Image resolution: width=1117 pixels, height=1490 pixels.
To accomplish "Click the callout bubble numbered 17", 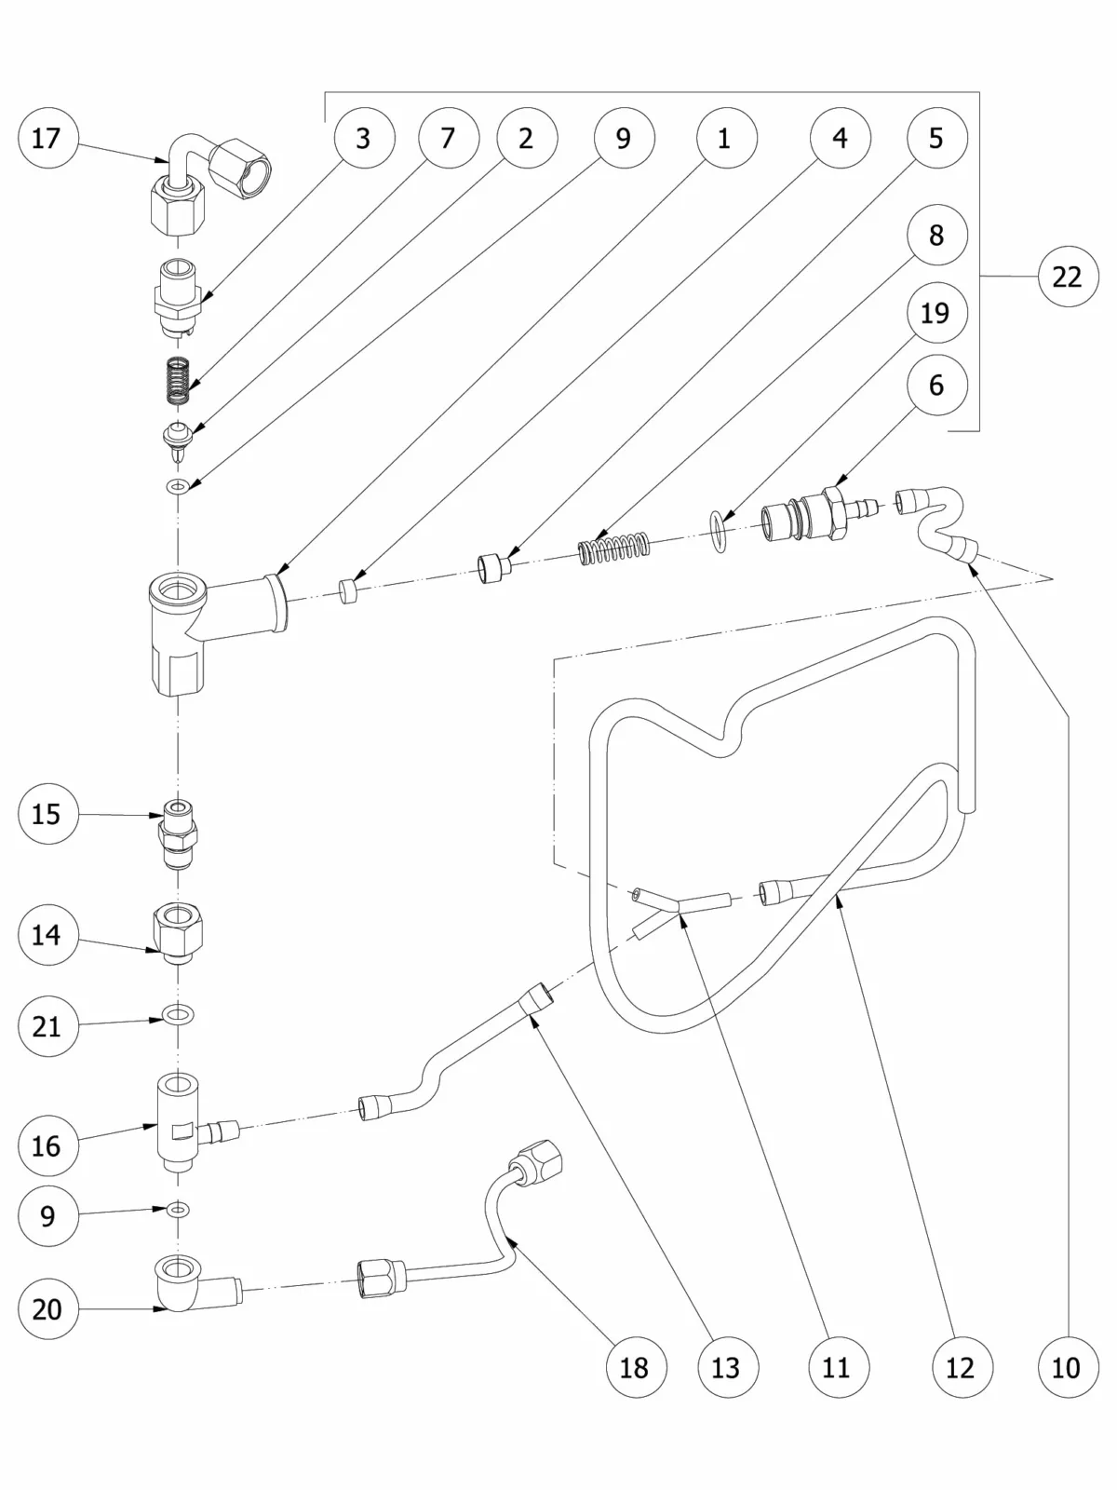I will [x=47, y=139].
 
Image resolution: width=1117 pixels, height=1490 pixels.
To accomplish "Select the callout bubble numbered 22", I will [x=1067, y=277].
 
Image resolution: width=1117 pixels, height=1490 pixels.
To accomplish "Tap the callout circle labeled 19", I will [x=935, y=313].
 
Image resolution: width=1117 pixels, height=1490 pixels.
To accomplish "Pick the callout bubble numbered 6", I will [x=935, y=385].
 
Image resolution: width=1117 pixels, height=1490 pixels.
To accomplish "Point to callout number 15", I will [x=47, y=815].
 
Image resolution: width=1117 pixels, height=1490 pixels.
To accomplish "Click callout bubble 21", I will [x=47, y=1026].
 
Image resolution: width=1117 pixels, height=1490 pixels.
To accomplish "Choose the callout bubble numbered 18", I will [x=634, y=1368].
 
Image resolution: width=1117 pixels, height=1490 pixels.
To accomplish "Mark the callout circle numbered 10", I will [x=1067, y=1368].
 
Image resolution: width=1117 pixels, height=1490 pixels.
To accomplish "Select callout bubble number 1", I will [x=725, y=139].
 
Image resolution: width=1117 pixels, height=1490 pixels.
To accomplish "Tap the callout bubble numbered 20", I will [x=47, y=1309].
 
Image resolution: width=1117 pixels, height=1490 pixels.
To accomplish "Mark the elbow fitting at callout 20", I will [x=186, y=1283].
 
